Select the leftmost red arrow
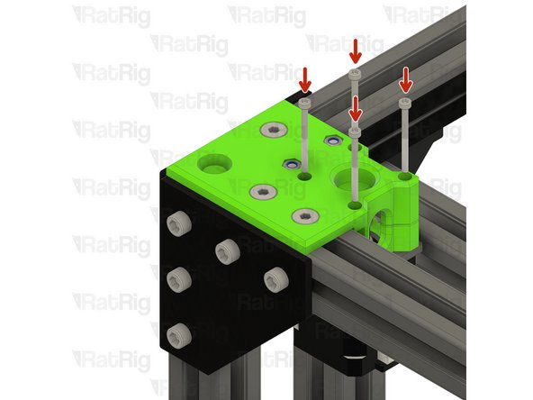click(304, 79)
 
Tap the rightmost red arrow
click(405, 79)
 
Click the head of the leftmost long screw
click(305, 104)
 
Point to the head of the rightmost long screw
click(406, 103)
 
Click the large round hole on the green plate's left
click(214, 164)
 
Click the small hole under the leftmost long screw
click(306, 178)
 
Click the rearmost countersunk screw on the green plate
click(270, 132)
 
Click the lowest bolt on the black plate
click(180, 332)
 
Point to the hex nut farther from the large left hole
click(332, 141)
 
